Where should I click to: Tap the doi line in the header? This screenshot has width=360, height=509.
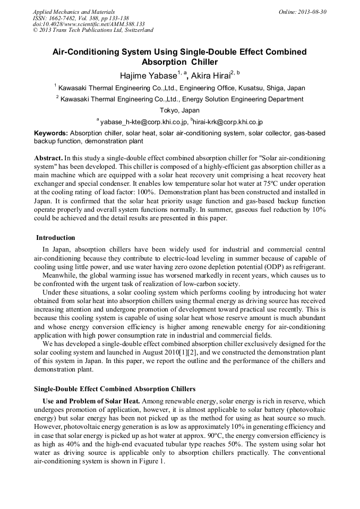click(89, 24)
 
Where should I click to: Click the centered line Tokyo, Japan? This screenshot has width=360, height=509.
click(179, 110)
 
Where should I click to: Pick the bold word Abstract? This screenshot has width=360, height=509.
click(48, 158)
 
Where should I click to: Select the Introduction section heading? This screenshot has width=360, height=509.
click(56, 237)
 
